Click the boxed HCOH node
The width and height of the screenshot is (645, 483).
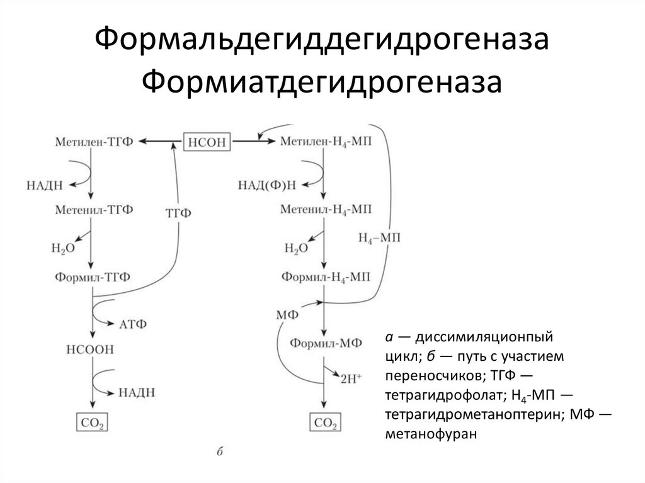[x=207, y=142]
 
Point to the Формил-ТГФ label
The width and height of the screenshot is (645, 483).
[x=94, y=277]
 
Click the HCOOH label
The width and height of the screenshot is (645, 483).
[x=94, y=349]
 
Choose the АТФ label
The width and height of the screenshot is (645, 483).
[x=132, y=324]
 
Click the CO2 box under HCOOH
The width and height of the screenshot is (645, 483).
[x=93, y=421]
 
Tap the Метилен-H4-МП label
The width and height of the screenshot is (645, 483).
[x=325, y=142]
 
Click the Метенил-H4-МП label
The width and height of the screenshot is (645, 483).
[x=325, y=210]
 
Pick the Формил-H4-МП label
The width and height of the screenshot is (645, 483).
[x=325, y=277]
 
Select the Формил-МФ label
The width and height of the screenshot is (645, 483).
[x=324, y=344]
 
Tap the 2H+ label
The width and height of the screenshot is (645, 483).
[x=351, y=379]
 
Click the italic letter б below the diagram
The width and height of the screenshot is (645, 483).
[x=220, y=451]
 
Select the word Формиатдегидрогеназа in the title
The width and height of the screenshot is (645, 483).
[x=322, y=82]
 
